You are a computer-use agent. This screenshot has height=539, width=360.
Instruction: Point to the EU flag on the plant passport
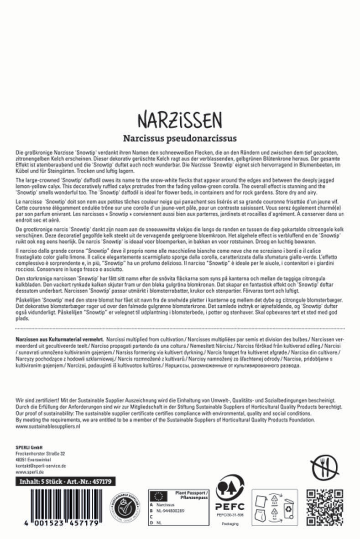click(x=159, y=496)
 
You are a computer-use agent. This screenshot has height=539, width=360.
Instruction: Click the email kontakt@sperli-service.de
click(x=41, y=466)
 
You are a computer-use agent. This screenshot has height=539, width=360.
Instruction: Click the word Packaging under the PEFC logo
click(x=230, y=524)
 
